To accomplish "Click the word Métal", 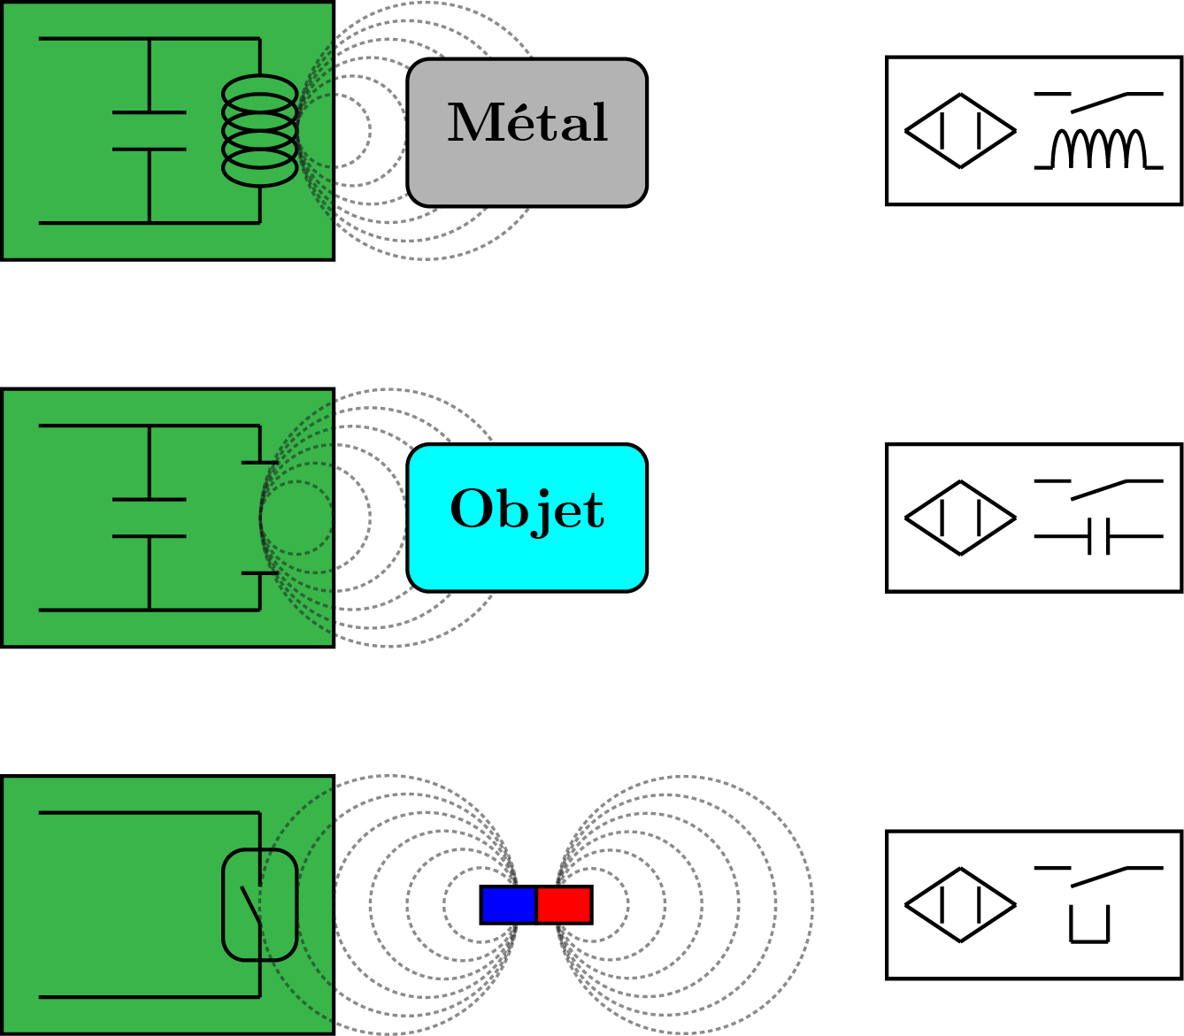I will tap(527, 124).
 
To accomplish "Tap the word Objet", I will tap(527, 510).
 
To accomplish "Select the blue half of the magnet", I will tap(508, 904).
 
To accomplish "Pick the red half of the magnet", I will tap(564, 904).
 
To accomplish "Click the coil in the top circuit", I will tap(259, 131).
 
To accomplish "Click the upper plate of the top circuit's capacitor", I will tap(150, 112).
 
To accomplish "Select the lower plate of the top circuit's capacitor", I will tap(150, 150).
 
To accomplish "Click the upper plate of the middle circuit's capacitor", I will tap(150, 500).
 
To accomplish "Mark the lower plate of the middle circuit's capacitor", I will tap(150, 536).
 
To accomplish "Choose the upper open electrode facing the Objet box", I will tap(260, 462).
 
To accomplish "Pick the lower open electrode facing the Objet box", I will tap(260, 573).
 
